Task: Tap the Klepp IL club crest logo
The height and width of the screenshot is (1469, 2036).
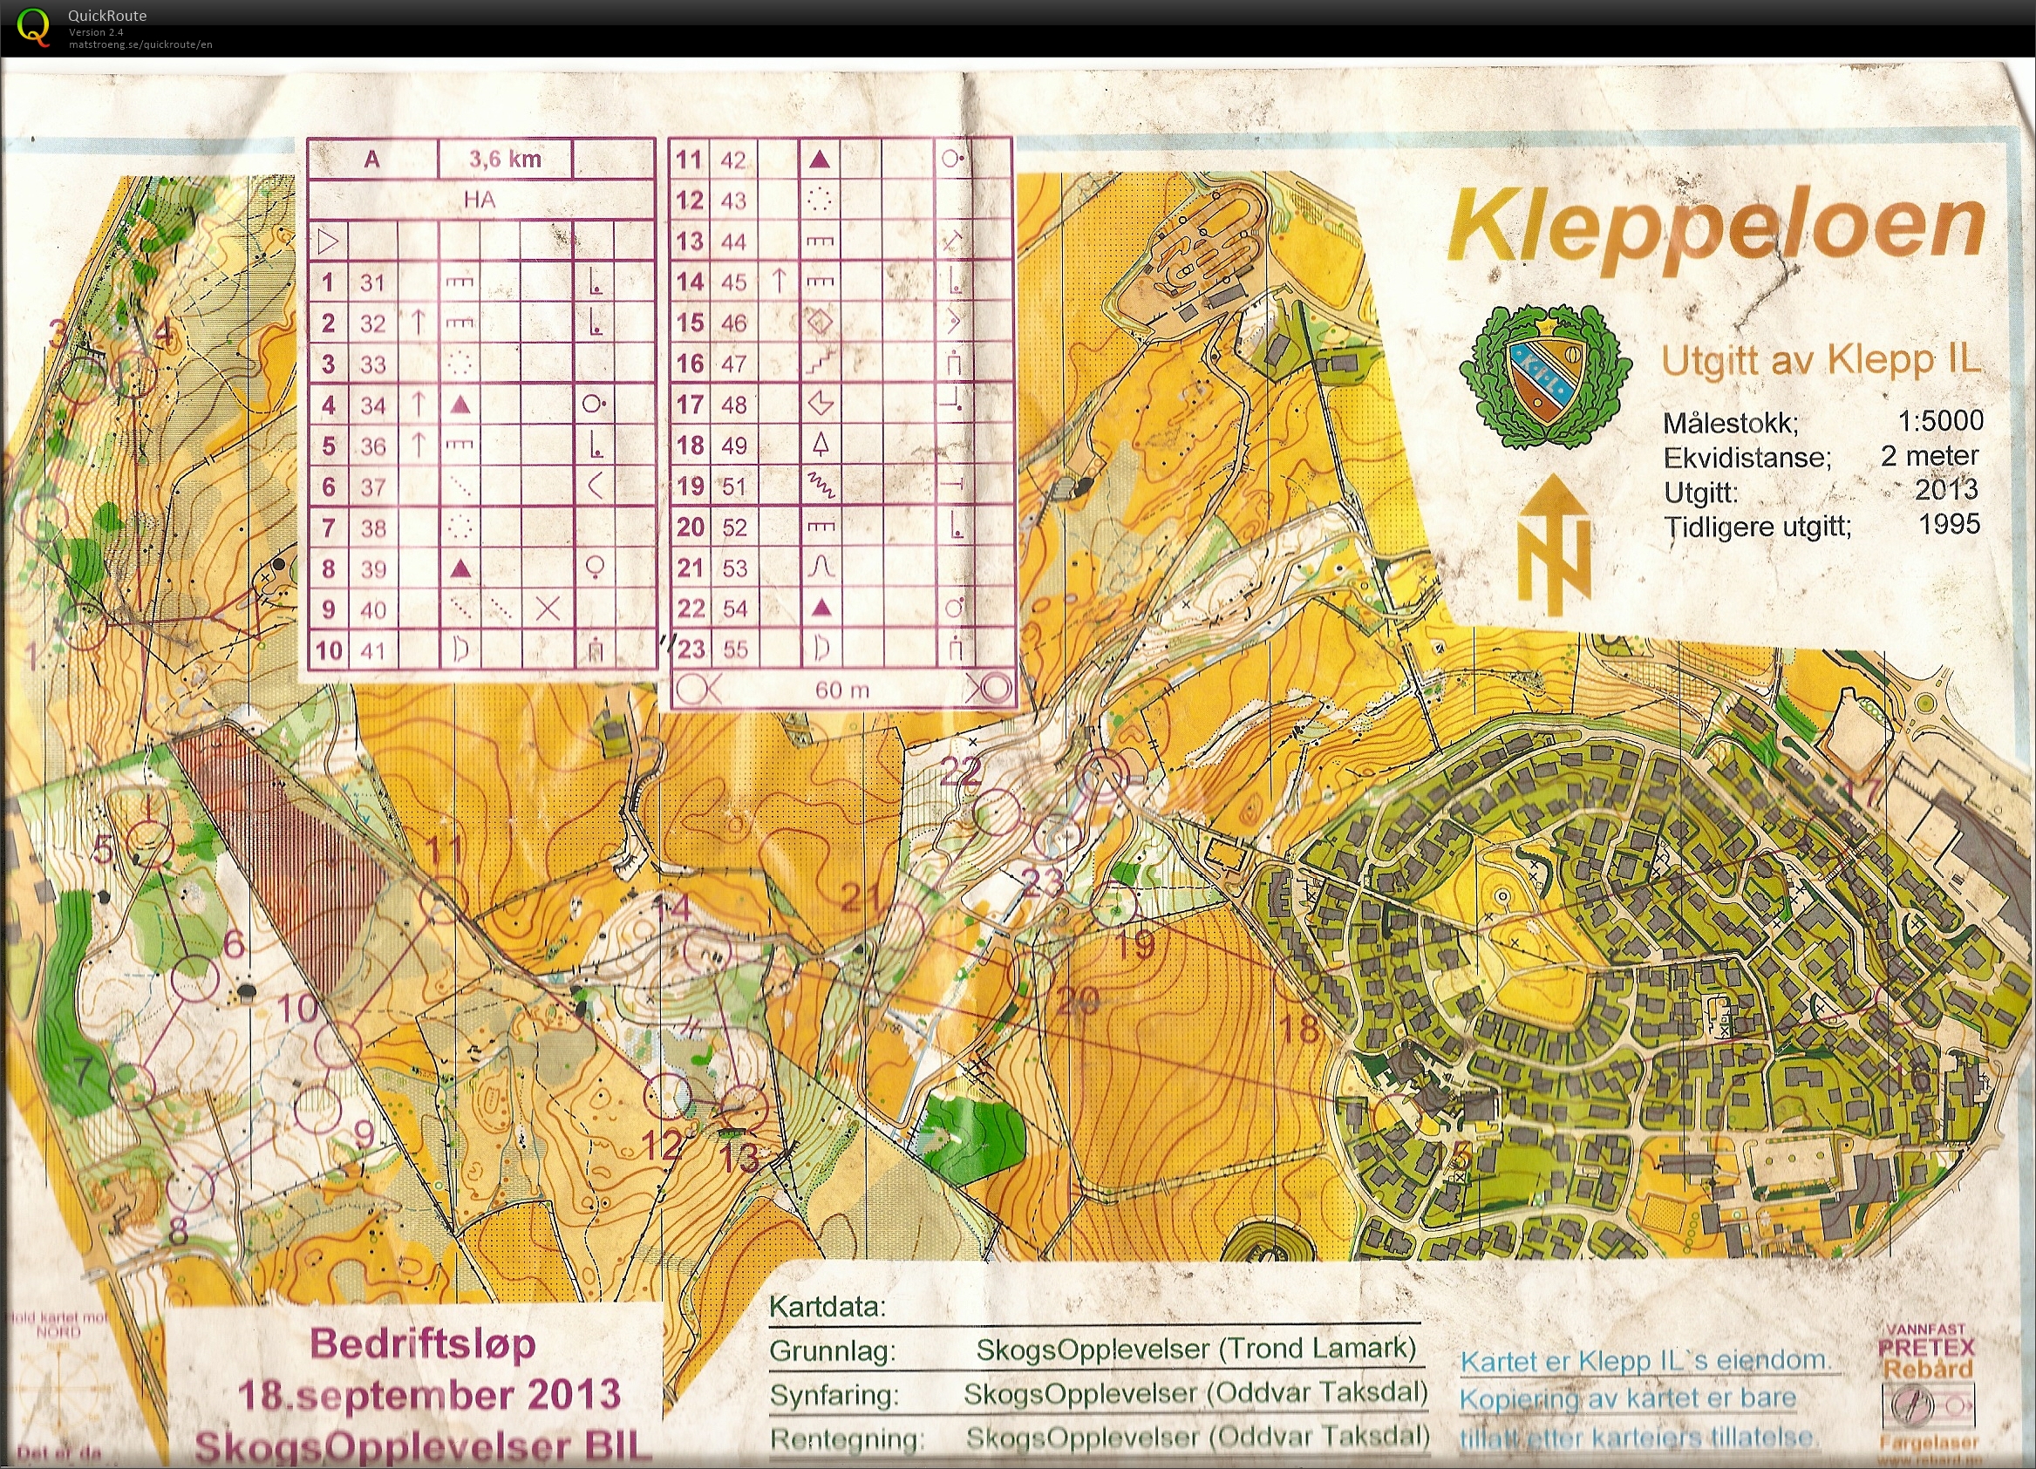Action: coord(1544,377)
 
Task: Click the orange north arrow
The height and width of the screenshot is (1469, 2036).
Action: coord(1554,543)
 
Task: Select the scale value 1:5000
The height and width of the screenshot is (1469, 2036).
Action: coord(1940,420)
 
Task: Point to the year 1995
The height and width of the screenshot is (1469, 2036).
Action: coord(1949,524)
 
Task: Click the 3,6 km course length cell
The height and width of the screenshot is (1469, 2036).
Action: coord(505,160)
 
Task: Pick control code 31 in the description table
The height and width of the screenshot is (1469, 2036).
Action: coord(372,282)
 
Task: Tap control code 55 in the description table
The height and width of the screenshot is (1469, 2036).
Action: coord(734,649)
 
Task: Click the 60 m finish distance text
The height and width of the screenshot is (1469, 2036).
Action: coord(841,690)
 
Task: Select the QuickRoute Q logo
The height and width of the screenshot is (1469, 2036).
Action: coord(33,27)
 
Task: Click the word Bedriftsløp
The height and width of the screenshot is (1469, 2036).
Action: coord(423,1343)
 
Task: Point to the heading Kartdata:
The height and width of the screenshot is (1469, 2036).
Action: coord(827,1307)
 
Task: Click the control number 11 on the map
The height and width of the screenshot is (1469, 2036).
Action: coord(442,849)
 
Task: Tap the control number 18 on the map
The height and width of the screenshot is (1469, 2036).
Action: coord(1298,1029)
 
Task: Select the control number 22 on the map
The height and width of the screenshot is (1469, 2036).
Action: coord(960,772)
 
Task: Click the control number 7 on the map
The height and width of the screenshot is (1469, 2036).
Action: coord(83,1071)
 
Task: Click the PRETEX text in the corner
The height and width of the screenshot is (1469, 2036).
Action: coord(1925,1348)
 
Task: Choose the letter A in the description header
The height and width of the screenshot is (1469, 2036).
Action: coord(371,160)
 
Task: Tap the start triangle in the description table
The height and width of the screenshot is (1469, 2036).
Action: coord(328,241)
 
